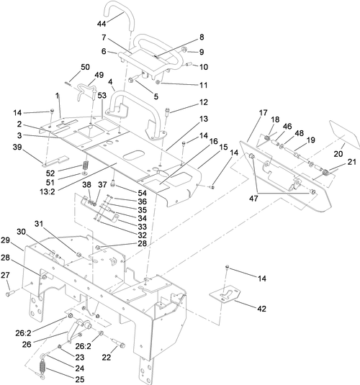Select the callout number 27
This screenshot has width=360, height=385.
click(x=6, y=275)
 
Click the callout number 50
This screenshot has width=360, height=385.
click(x=85, y=67)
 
